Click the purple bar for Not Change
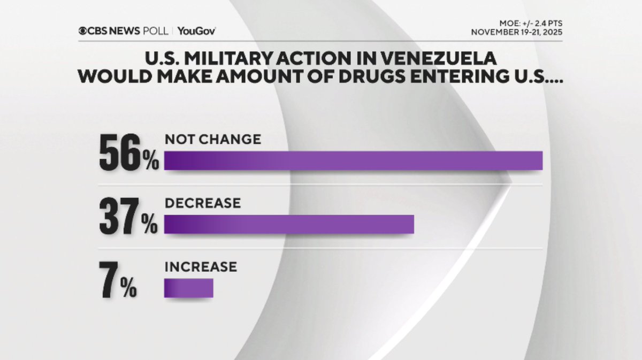tap(353, 160)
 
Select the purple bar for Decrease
tap(289, 224)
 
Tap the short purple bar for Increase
tap(188, 288)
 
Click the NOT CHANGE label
tap(212, 140)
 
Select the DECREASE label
tap(202, 203)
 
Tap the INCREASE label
tap(200, 266)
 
